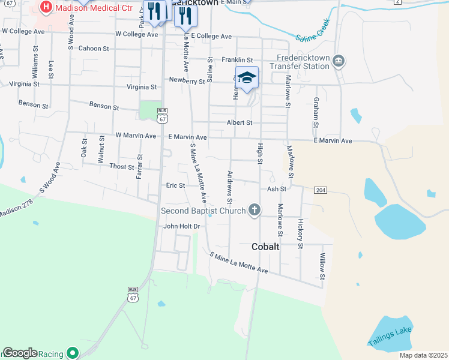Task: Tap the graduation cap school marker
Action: tap(247, 77)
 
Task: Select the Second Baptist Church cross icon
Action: tap(255, 210)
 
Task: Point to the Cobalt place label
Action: tap(265, 247)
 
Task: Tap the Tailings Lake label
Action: tap(390, 335)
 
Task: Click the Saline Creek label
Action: tap(314, 37)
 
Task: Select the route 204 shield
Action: tap(320, 190)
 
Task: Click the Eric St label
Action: tap(175, 185)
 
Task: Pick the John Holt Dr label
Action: tap(181, 226)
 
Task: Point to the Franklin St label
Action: tap(237, 60)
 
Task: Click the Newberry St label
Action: tap(187, 80)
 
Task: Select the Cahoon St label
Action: tap(94, 49)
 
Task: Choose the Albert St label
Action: tap(240, 122)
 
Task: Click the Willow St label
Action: tap(322, 266)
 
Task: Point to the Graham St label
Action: tap(315, 112)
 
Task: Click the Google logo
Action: tap(20, 353)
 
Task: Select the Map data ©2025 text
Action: tap(423, 355)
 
